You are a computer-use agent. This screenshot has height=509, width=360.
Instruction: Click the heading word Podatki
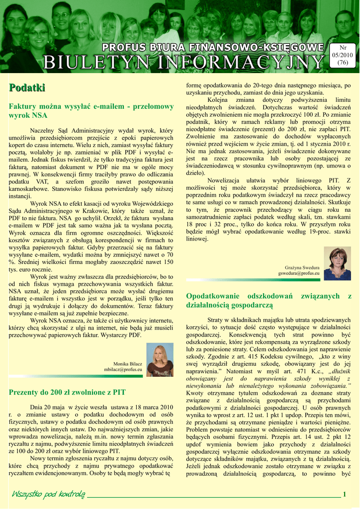tap(27, 88)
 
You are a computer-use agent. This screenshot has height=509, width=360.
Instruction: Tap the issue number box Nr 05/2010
tap(343, 55)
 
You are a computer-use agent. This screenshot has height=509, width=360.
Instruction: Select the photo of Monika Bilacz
tap(160, 360)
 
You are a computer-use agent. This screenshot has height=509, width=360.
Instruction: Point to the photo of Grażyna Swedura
tap(338, 263)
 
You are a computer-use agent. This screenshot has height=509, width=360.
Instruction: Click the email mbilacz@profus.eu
tap(123, 370)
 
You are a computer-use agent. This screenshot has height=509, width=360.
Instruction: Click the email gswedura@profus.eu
tap(299, 273)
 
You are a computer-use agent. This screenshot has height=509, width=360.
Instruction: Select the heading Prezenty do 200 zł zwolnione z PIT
tap(67, 392)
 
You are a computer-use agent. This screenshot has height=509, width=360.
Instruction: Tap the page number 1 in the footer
tap(344, 494)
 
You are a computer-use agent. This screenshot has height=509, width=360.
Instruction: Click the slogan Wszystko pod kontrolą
tap(48, 494)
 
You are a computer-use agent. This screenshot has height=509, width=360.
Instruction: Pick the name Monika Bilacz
tap(128, 364)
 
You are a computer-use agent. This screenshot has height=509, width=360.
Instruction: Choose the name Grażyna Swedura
tap(302, 267)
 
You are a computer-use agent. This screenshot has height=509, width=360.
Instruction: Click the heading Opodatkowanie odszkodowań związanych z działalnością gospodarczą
tap(269, 300)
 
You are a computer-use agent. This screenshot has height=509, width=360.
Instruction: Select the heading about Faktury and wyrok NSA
tap(91, 110)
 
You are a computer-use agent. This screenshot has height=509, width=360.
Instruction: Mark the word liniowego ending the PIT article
tap(197, 239)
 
